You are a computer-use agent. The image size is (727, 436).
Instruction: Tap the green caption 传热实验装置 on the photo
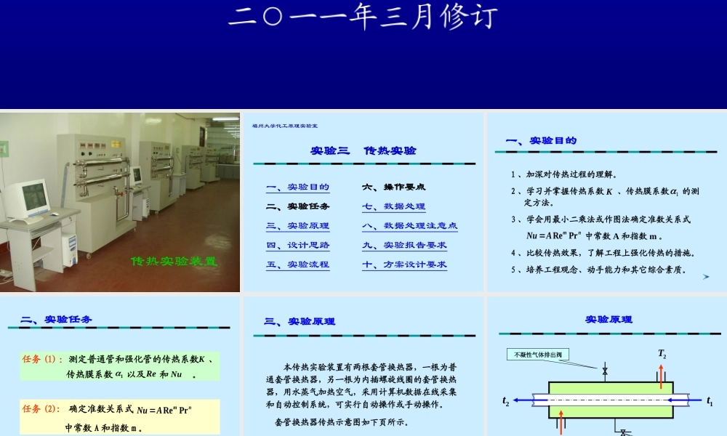pos(174,261)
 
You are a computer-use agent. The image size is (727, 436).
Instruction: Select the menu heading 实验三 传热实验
pos(363,150)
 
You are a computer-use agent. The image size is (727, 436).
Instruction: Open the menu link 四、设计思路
pos(298,246)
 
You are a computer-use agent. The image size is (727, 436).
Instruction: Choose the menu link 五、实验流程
pos(298,265)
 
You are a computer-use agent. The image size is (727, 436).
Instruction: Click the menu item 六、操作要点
pos(394,187)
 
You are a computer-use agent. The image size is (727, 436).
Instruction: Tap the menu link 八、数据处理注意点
pos(410,226)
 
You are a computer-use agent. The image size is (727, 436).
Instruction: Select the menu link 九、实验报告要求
pos(405,246)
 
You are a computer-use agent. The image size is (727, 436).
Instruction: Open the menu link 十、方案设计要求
pos(405,265)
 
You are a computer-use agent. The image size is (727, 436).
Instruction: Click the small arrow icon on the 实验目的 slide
pos(706,277)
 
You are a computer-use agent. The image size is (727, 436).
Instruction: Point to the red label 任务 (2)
pos(41,408)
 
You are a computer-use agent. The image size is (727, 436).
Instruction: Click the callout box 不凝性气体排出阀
pos(538,355)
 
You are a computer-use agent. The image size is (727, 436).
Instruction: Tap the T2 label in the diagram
pos(662,354)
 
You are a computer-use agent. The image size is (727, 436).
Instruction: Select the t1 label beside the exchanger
pos(710,401)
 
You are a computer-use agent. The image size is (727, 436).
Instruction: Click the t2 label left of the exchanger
pos(506,401)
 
